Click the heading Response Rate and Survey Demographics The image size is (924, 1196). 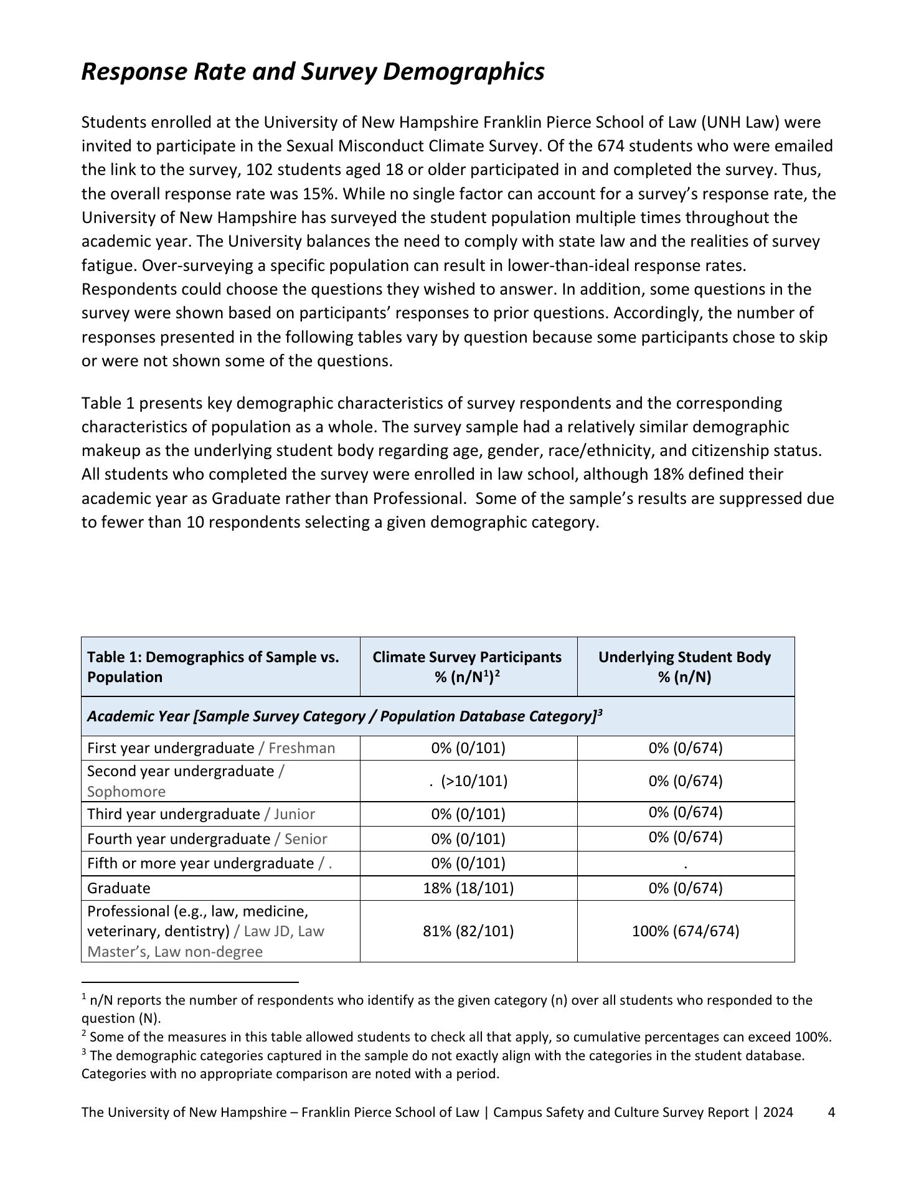[313, 72]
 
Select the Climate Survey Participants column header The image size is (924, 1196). [468, 667]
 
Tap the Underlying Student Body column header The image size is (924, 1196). [685, 667]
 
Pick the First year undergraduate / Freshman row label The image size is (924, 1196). [210, 748]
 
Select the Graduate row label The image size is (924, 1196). [118, 888]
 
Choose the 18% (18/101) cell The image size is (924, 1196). [468, 888]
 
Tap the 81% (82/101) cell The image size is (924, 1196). [468, 931]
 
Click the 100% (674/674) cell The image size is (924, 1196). [686, 931]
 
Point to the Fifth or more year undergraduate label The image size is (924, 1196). [200, 863]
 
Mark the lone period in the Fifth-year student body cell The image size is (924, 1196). [686, 865]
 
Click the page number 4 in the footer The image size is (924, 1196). [831, 1113]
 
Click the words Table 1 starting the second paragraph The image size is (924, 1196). [108, 403]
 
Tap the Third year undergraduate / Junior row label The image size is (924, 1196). [200, 814]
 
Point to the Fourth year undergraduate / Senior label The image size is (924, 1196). [207, 839]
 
